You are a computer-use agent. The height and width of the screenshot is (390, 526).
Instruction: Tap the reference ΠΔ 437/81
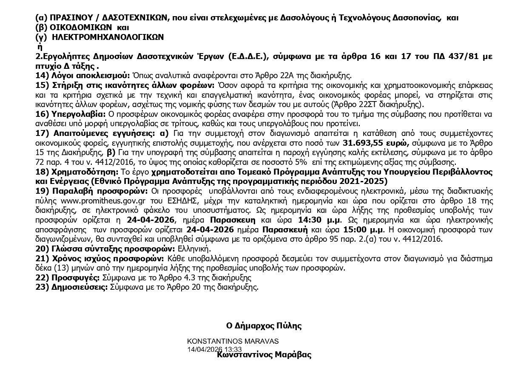pos(455,57)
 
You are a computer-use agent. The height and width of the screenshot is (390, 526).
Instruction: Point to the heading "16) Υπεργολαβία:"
pos(70,114)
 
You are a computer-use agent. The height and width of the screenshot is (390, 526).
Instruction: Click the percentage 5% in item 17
pos(301,162)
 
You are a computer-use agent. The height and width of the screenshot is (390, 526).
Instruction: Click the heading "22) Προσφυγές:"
pos(67,278)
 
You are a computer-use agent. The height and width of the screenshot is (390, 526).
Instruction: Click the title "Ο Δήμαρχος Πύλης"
pos(264,326)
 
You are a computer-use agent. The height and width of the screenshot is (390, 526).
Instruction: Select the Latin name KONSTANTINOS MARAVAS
pos(233,341)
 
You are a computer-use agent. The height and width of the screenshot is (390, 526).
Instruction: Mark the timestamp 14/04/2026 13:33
pos(217,348)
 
